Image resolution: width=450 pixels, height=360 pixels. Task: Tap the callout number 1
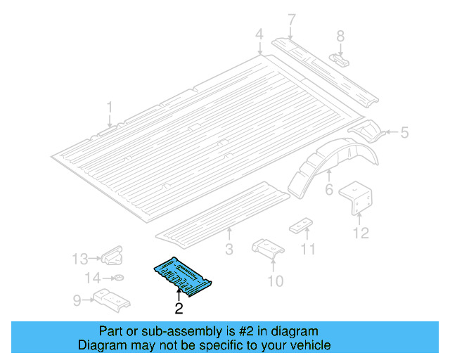tap(110, 107)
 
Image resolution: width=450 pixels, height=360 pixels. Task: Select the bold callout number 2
tap(179, 308)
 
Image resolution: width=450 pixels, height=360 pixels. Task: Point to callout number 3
tap(229, 249)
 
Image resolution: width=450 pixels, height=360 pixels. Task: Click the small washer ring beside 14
tap(117, 278)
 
